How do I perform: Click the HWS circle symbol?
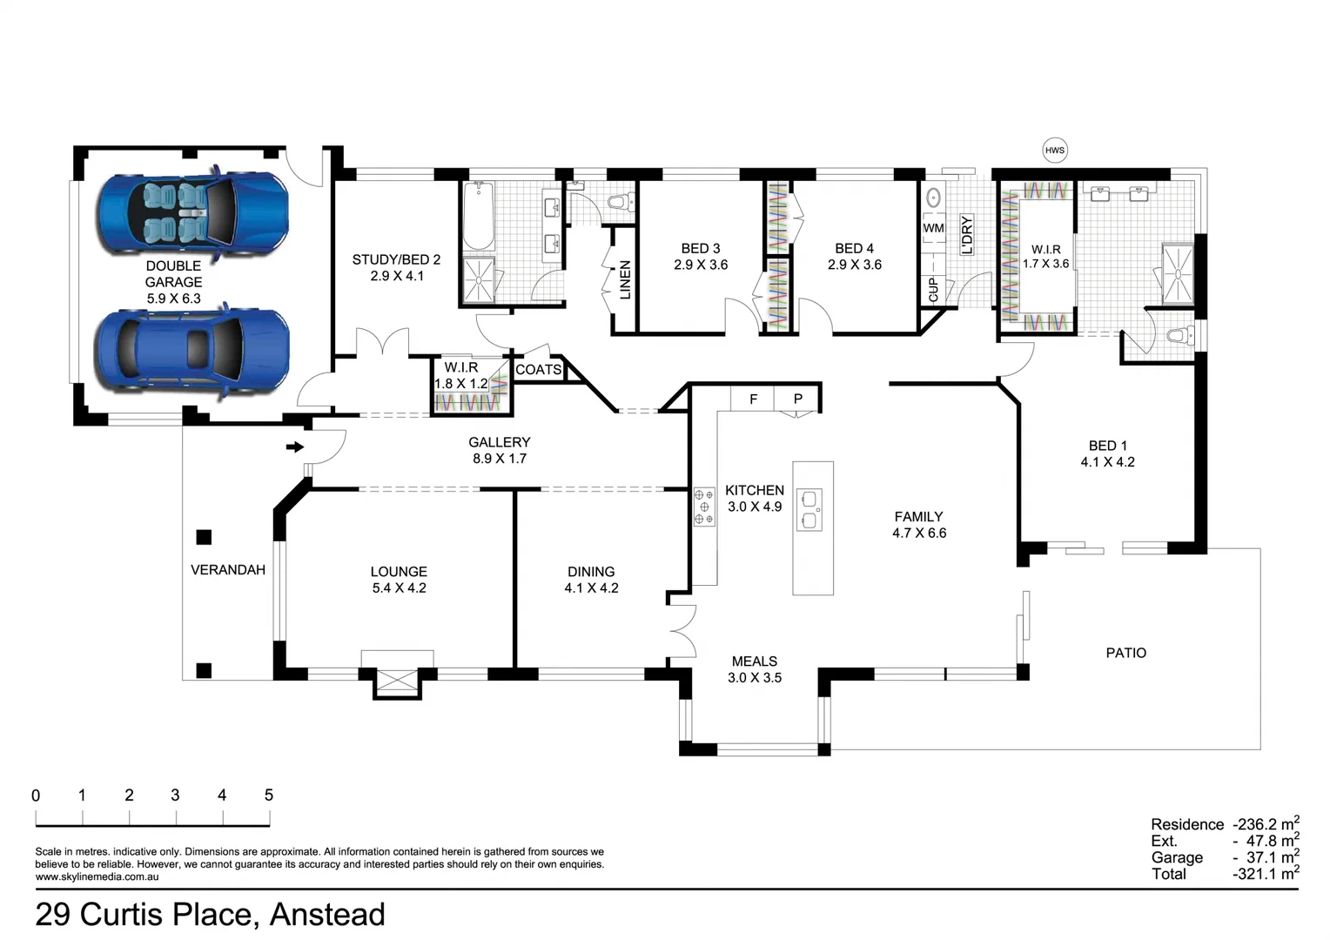click(x=1054, y=151)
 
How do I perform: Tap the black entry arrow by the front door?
click(x=295, y=446)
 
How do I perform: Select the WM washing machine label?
click(x=933, y=228)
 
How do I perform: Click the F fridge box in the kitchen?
click(x=753, y=399)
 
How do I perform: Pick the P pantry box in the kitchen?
click(x=797, y=399)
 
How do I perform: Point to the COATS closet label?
click(x=538, y=369)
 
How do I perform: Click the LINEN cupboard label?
click(x=625, y=279)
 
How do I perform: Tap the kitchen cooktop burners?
click(x=704, y=507)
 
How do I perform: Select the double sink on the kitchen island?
click(x=809, y=509)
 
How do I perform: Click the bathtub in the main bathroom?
click(x=478, y=216)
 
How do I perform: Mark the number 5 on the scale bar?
click(x=269, y=796)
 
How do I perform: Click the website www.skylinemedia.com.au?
click(x=97, y=876)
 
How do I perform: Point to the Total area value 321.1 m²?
click(x=1266, y=874)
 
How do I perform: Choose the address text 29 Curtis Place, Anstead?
click(x=210, y=915)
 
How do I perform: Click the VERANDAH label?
click(x=228, y=570)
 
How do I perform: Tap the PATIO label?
click(x=1125, y=653)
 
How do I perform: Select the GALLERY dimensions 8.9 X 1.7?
click(x=500, y=459)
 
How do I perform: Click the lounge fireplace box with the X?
click(x=397, y=681)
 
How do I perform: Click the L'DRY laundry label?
click(x=967, y=234)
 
